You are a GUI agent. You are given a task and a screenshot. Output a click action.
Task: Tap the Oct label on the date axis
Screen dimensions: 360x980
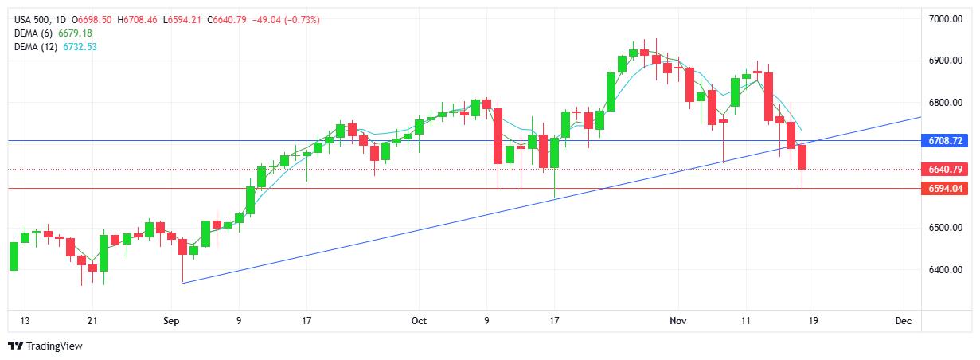tap(419, 321)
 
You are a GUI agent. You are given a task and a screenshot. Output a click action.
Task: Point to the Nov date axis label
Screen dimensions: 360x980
tap(677, 321)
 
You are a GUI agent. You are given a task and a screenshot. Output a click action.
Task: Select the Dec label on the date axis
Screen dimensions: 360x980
tap(902, 321)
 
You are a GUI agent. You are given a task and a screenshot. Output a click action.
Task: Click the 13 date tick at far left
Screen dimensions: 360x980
tap(24, 321)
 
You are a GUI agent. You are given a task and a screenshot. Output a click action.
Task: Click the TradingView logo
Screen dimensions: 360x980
tap(45, 346)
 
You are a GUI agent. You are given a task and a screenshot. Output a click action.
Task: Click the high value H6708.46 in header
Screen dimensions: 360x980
tap(138, 20)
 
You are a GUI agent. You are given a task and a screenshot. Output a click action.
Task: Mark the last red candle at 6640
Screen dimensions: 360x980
tap(802, 157)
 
